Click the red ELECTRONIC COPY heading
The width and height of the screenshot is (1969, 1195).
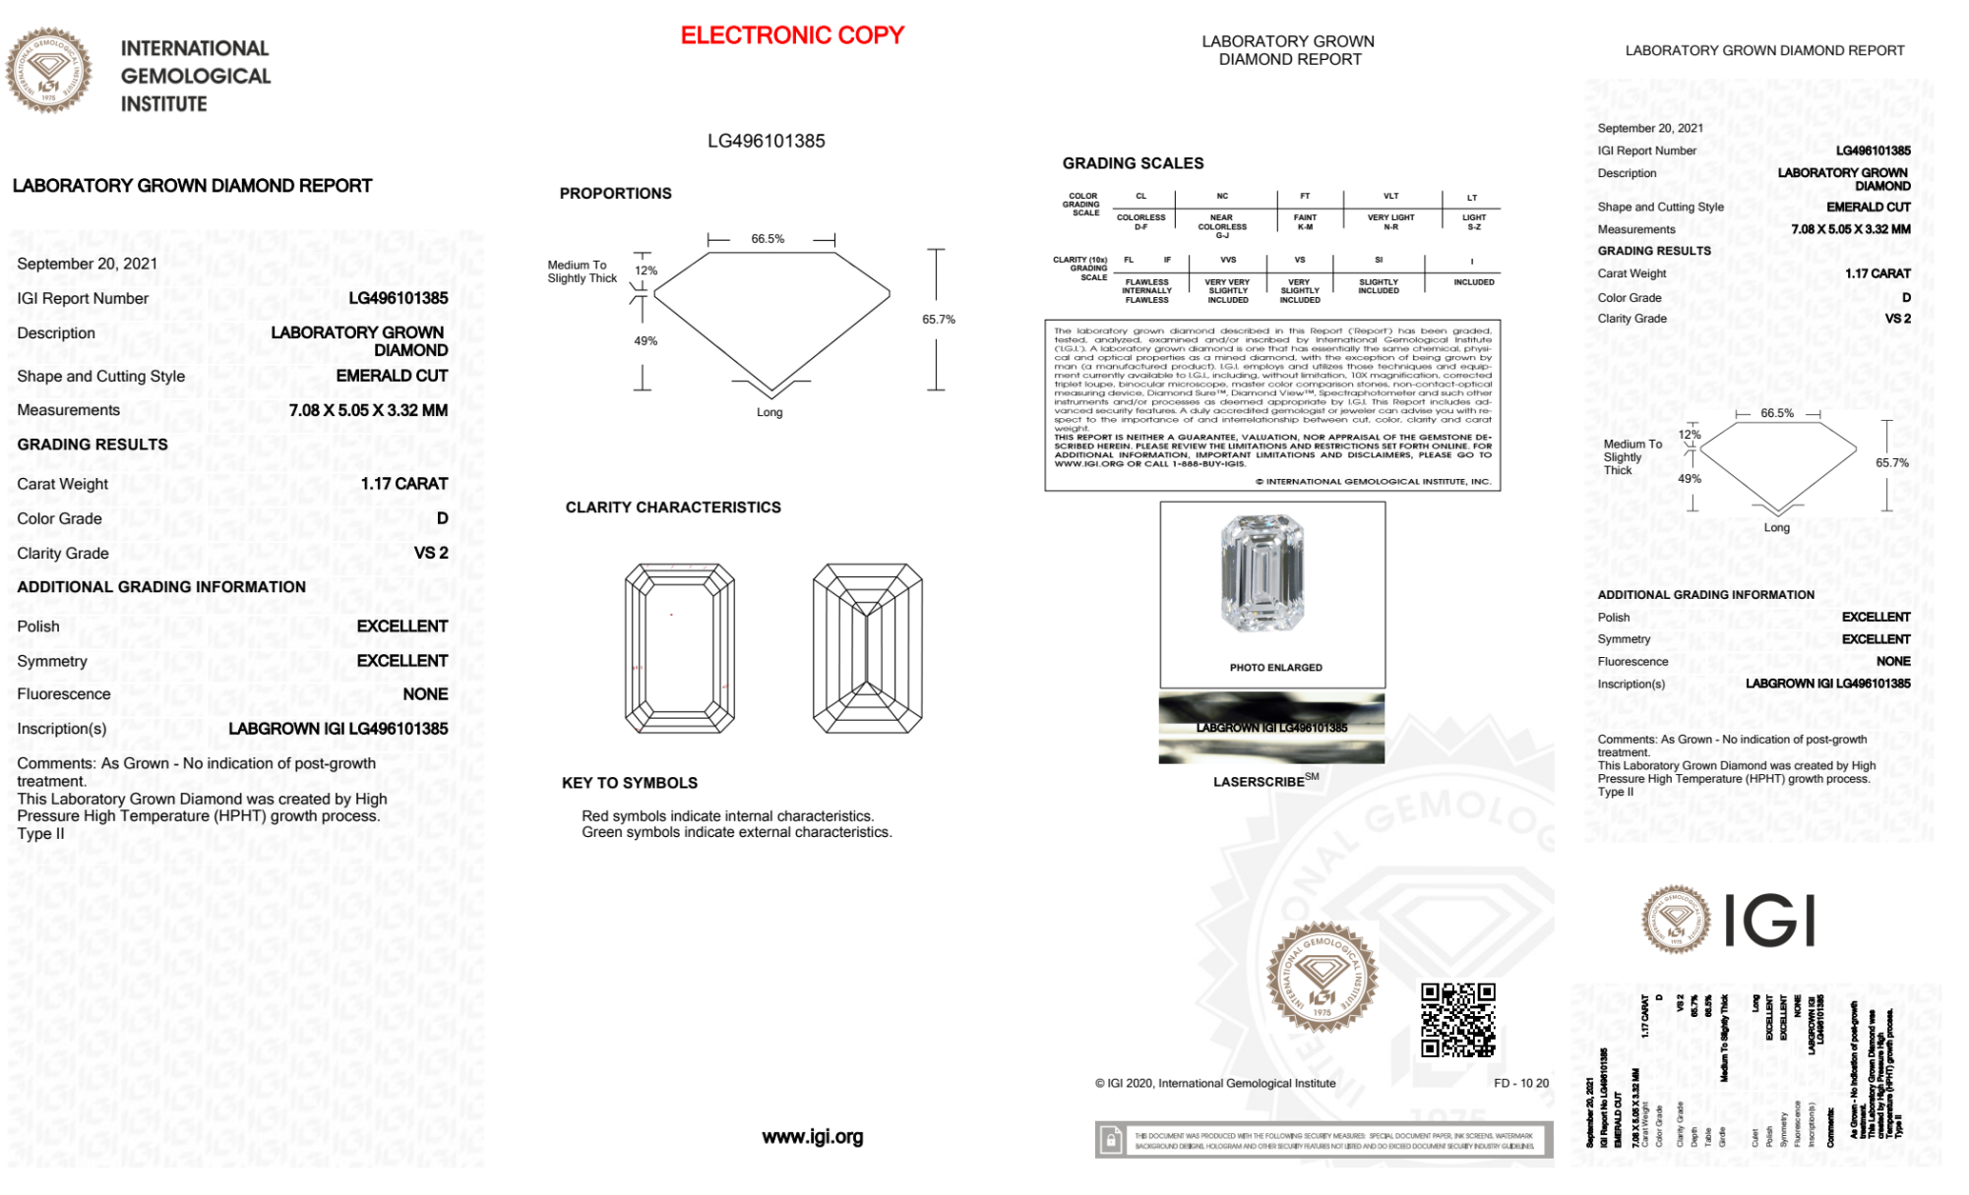tap(792, 35)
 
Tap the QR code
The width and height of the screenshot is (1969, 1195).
tap(1457, 1019)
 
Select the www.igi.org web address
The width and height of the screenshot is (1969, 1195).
tap(812, 1137)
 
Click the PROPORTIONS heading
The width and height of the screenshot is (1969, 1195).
tap(615, 194)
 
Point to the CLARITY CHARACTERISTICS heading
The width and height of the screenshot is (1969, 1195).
tap(673, 508)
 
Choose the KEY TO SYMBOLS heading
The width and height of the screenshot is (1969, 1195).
tap(630, 783)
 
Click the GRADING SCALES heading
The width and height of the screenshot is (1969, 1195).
tap(1133, 163)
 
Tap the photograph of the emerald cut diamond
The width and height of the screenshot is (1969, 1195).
tap(1261, 573)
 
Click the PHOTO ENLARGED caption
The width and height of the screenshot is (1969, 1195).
tap(1275, 668)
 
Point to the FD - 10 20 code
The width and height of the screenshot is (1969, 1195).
tap(1520, 1083)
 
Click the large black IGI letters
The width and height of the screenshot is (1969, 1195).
tap(1769, 922)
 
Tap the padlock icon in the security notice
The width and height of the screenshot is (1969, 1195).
tap(1111, 1141)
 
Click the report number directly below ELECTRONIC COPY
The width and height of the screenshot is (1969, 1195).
tap(766, 141)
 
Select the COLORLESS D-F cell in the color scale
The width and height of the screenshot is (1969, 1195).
tap(1140, 222)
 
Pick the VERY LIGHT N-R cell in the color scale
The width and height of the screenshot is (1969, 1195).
tap(1390, 222)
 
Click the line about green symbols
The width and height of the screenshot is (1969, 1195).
tap(736, 833)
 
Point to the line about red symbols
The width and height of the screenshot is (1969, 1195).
tap(727, 816)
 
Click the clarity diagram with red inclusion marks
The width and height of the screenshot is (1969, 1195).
tap(679, 648)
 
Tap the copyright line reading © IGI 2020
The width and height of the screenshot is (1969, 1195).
tap(1215, 1083)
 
